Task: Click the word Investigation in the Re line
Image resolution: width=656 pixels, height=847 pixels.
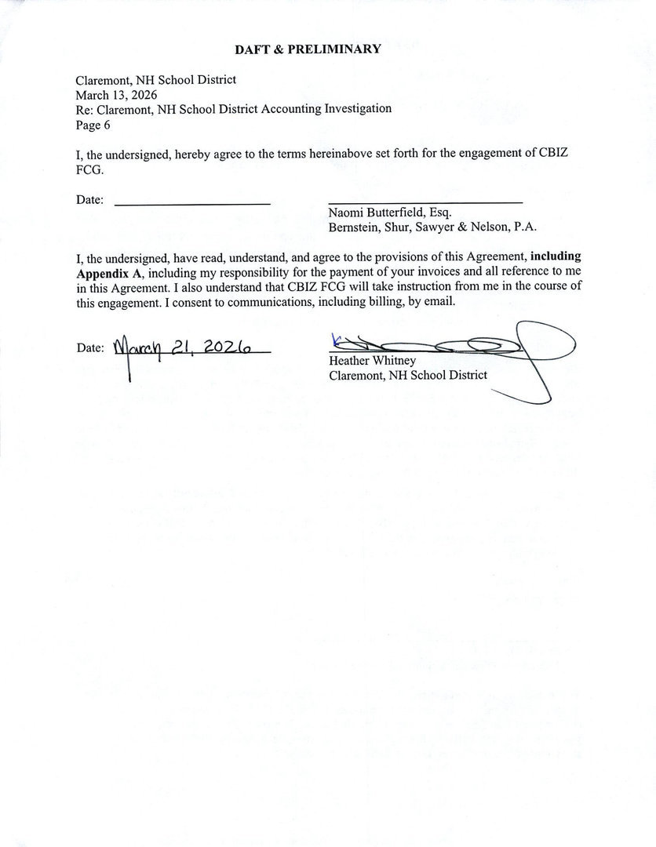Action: (x=358, y=109)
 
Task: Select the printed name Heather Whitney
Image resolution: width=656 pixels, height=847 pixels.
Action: (x=372, y=361)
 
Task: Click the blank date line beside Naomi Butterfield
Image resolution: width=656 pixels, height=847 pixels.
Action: (x=192, y=203)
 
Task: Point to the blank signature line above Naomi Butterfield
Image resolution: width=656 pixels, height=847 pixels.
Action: (x=425, y=202)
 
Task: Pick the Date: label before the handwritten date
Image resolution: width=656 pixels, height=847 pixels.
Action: (x=90, y=348)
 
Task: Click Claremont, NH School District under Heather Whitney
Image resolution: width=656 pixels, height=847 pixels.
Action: (x=408, y=375)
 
